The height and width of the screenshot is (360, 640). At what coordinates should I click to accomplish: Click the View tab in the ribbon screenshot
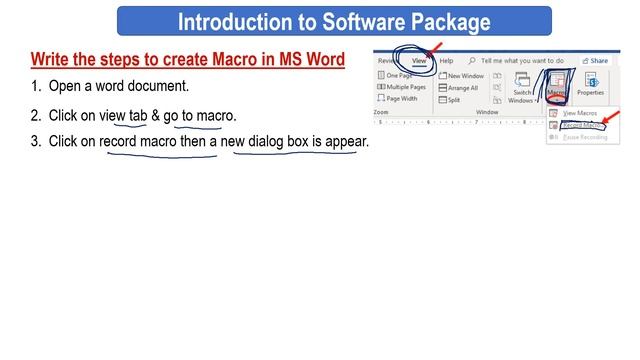pos(418,61)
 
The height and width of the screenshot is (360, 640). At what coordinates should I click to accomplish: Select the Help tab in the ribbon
pos(445,61)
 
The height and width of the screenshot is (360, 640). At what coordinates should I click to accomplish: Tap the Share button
pos(597,61)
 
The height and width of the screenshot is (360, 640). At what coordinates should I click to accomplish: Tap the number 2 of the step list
pos(35,115)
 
